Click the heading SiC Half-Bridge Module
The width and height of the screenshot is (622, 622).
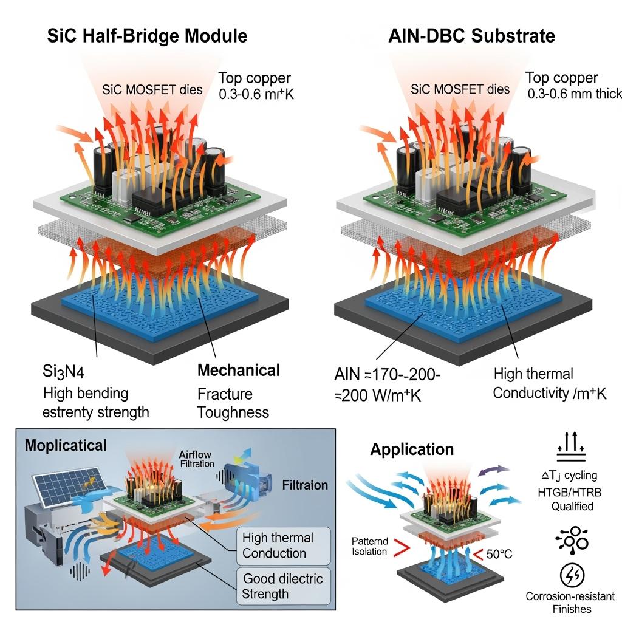coord(147,35)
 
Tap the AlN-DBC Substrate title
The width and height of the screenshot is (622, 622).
coord(471,35)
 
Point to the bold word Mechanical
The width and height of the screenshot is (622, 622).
coord(239,371)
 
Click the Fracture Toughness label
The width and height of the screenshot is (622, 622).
coord(233,403)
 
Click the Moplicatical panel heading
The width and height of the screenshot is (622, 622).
coord(66,445)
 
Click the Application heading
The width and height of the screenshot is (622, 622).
coord(412,449)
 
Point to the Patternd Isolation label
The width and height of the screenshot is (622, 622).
coord(369,547)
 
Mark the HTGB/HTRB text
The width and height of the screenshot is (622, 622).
coord(570,491)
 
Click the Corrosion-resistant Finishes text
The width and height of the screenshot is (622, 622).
coord(570,603)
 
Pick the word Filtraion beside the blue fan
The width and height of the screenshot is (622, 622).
coord(305,485)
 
